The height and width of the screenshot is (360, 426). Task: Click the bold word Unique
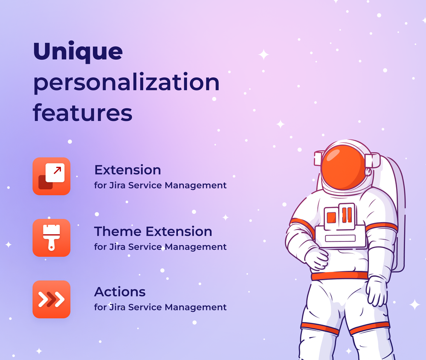(x=78, y=51)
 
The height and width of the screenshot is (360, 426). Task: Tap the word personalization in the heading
(x=126, y=82)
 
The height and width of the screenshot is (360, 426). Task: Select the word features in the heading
(x=83, y=112)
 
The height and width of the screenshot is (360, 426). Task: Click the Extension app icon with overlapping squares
(x=51, y=176)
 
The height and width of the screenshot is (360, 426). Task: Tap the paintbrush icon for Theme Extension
(x=51, y=238)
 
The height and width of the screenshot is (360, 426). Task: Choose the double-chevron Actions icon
(x=51, y=299)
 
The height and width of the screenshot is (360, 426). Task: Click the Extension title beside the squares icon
(x=128, y=170)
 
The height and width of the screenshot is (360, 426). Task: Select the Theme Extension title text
(x=153, y=232)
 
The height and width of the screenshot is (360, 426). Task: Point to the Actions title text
(x=120, y=292)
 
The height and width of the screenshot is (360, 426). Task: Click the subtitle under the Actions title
(x=160, y=307)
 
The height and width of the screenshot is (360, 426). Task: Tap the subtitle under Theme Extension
(x=160, y=247)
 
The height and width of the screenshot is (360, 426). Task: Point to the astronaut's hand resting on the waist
(x=316, y=259)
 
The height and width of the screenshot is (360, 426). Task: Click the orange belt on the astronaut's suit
(x=339, y=276)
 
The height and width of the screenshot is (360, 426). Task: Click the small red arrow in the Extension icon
(x=57, y=170)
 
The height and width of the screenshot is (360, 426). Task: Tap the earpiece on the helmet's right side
(x=372, y=160)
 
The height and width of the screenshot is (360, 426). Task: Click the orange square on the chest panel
(x=331, y=218)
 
